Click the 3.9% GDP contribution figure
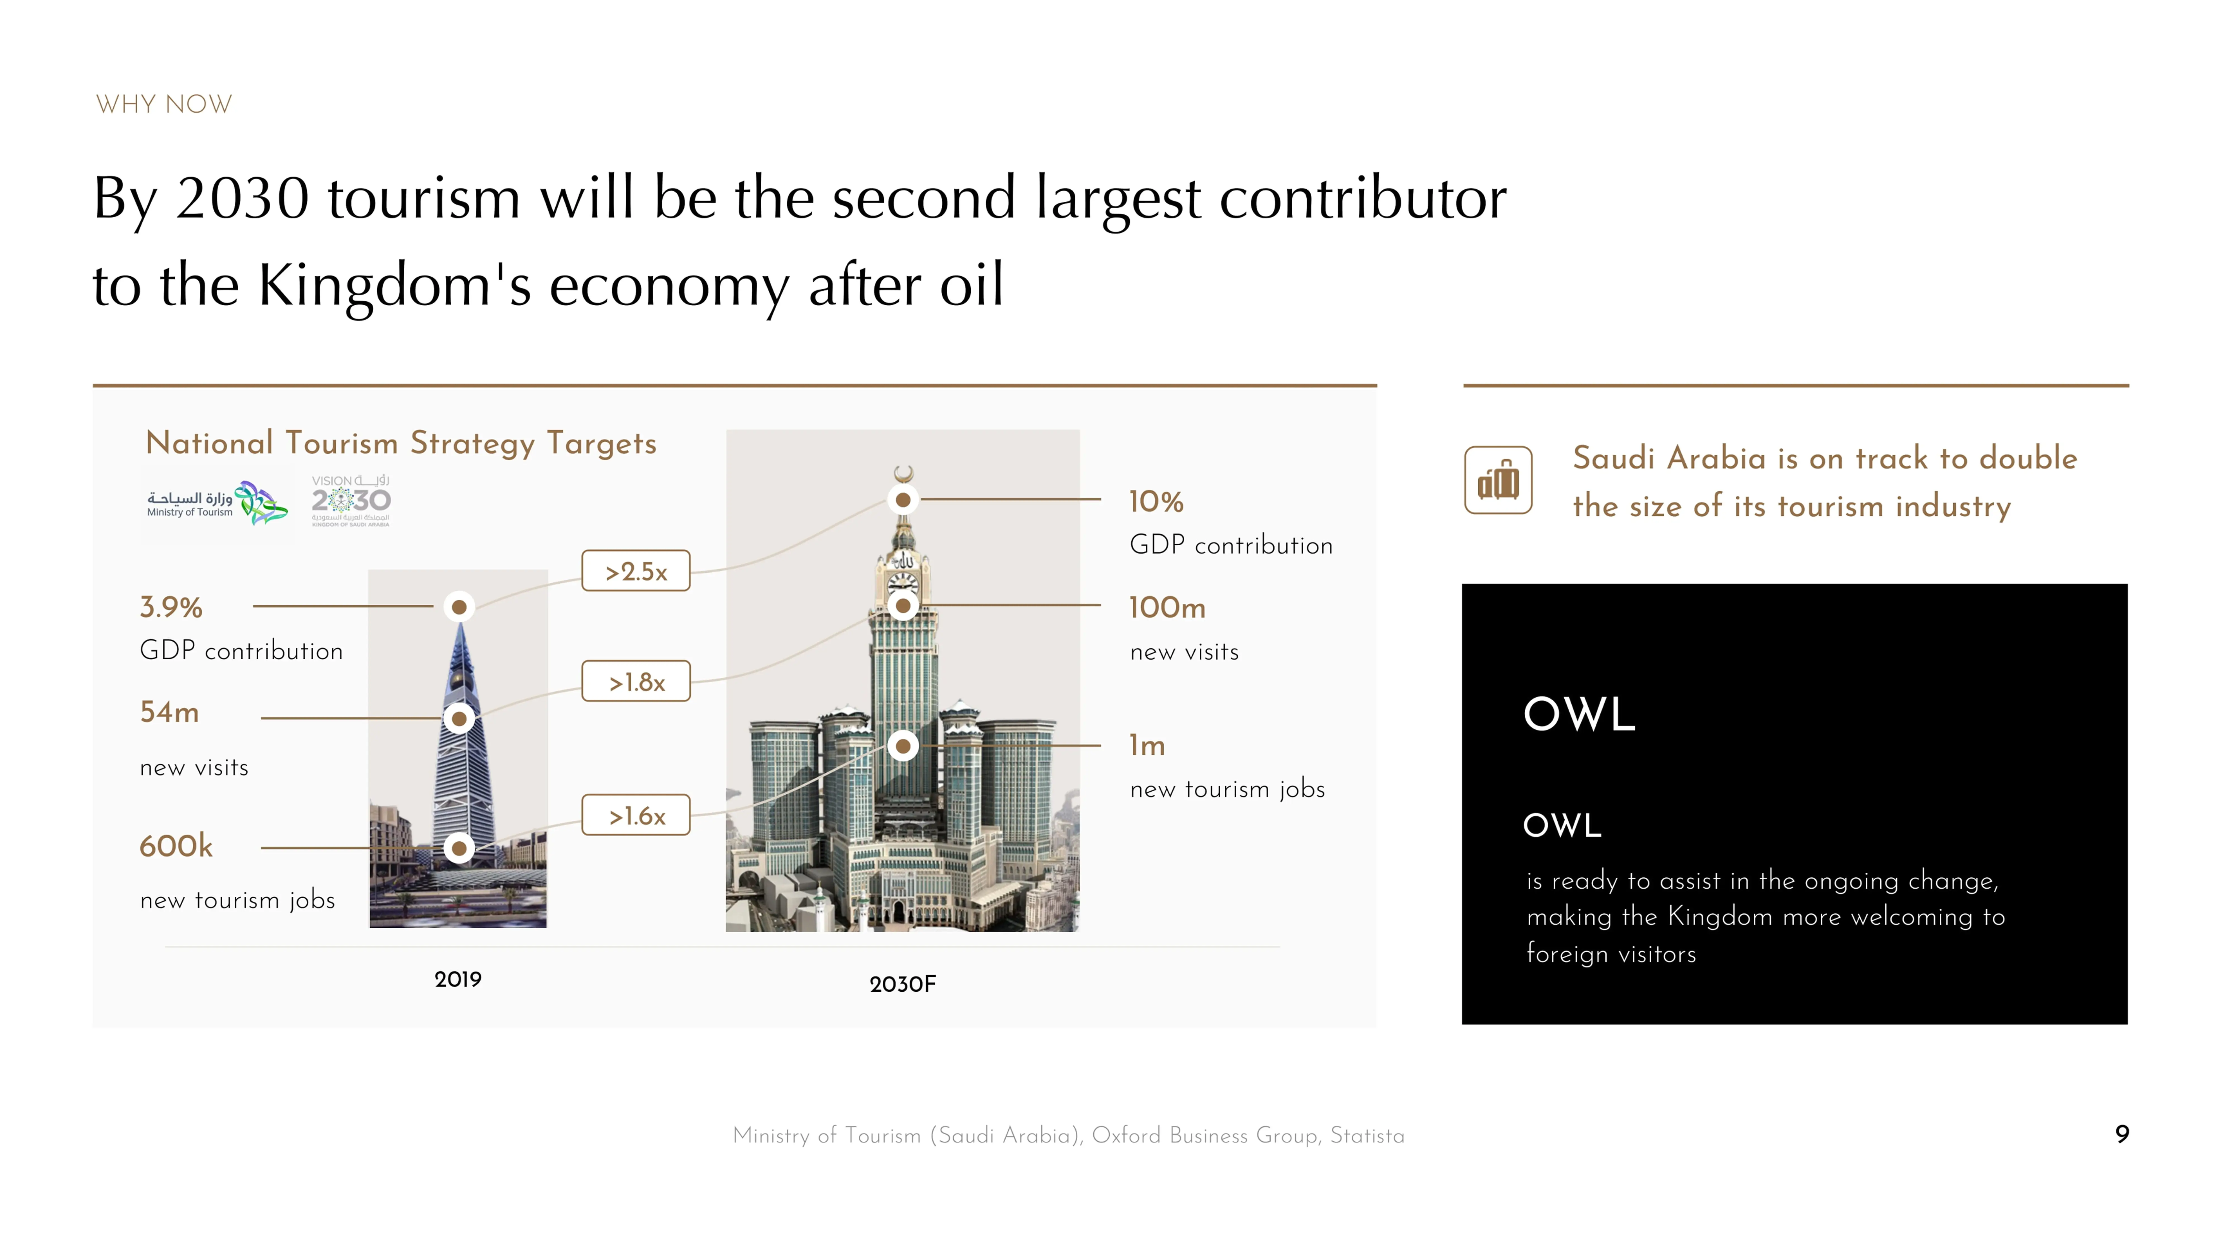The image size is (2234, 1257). pos(171,607)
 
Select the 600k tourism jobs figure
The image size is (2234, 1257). pos(176,846)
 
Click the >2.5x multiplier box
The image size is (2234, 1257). pos(636,571)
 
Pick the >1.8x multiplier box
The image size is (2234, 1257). pos(636,682)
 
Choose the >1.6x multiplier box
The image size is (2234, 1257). pos(636,815)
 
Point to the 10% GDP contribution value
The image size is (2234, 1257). pos(1155,501)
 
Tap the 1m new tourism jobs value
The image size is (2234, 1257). pos(1147,745)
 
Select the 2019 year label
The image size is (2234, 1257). pos(458,979)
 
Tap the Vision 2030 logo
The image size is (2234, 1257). pos(351,501)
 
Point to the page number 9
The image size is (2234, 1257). pos(2121,1134)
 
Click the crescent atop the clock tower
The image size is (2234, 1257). pos(903,473)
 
